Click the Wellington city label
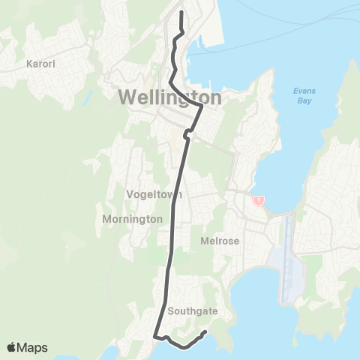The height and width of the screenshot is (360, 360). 169,98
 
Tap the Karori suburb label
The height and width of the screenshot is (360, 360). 40,64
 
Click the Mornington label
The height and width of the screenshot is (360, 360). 131,219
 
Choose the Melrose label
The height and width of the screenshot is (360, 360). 219,241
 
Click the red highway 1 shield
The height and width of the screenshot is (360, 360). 258,200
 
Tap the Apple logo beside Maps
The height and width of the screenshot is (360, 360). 13,347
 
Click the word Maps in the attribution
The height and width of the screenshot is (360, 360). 34,347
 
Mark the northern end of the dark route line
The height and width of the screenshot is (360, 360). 182,11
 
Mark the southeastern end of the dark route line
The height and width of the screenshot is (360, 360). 205,331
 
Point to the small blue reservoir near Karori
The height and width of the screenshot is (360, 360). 88,97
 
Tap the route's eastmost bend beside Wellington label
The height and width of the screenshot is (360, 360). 202,107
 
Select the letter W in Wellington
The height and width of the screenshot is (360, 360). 127,98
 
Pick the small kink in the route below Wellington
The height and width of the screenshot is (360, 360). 185,136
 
